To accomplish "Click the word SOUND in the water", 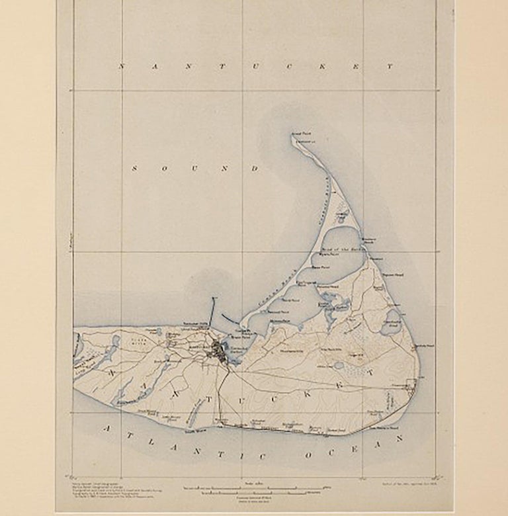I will click(x=195, y=169).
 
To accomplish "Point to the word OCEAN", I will click(x=344, y=450).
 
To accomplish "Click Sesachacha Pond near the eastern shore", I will click(x=393, y=317).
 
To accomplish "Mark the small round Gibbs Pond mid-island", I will click(x=338, y=365).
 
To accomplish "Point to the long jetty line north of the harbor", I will click(x=213, y=312).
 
